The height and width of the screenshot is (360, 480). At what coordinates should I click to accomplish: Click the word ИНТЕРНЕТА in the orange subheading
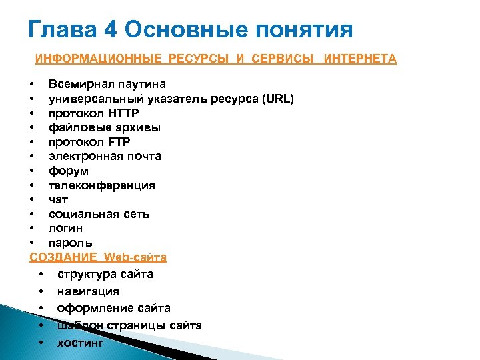[x=360, y=59]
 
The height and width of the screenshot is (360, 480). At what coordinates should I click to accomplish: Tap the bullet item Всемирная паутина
[x=107, y=84]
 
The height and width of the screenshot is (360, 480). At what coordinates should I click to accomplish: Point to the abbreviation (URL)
[x=278, y=99]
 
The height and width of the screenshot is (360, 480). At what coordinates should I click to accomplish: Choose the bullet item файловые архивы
[x=104, y=127]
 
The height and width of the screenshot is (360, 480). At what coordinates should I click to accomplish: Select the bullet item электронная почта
[x=105, y=156]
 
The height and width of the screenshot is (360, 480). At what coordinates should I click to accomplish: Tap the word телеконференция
[x=101, y=185]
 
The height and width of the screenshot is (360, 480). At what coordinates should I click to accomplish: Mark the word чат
[x=58, y=199]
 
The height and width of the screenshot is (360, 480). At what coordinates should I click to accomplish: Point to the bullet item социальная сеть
[x=99, y=214]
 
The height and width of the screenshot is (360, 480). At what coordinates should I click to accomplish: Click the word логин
[x=65, y=229]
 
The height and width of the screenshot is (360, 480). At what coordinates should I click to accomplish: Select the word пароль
[x=70, y=243]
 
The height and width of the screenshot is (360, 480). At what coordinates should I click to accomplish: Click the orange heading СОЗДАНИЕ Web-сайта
[x=98, y=257]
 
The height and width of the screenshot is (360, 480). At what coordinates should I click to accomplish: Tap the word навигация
[x=88, y=291]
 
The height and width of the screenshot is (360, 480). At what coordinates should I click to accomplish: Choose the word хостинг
[x=81, y=343]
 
